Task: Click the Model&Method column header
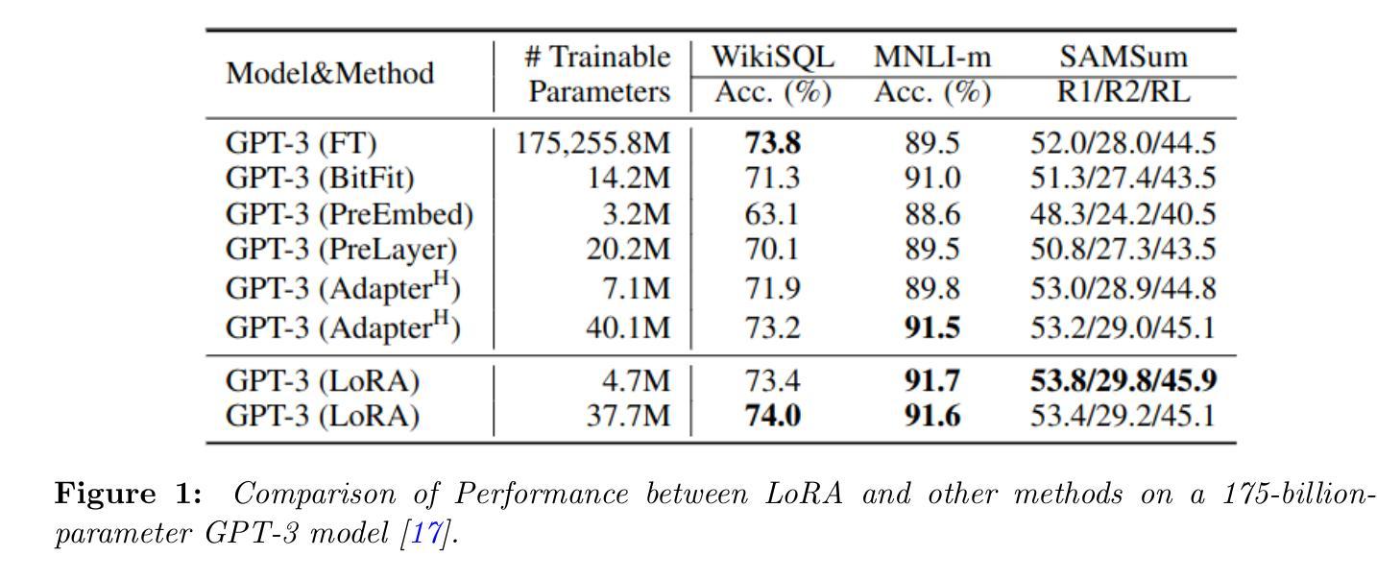click(329, 74)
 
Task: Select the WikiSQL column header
click(772, 57)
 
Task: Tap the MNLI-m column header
click(931, 57)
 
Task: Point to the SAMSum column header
click(1123, 57)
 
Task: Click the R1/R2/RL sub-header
click(1123, 92)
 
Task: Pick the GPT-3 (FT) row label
click(301, 143)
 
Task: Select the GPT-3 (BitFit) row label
click(320, 179)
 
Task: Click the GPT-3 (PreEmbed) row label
click(349, 214)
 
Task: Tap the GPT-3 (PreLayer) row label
click(341, 250)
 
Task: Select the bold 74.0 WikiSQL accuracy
click(772, 417)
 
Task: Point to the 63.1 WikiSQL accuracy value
click(772, 214)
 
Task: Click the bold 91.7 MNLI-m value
click(931, 381)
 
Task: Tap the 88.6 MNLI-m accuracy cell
click(931, 214)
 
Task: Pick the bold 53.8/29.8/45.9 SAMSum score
click(1123, 381)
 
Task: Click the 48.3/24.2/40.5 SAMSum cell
click(1123, 214)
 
